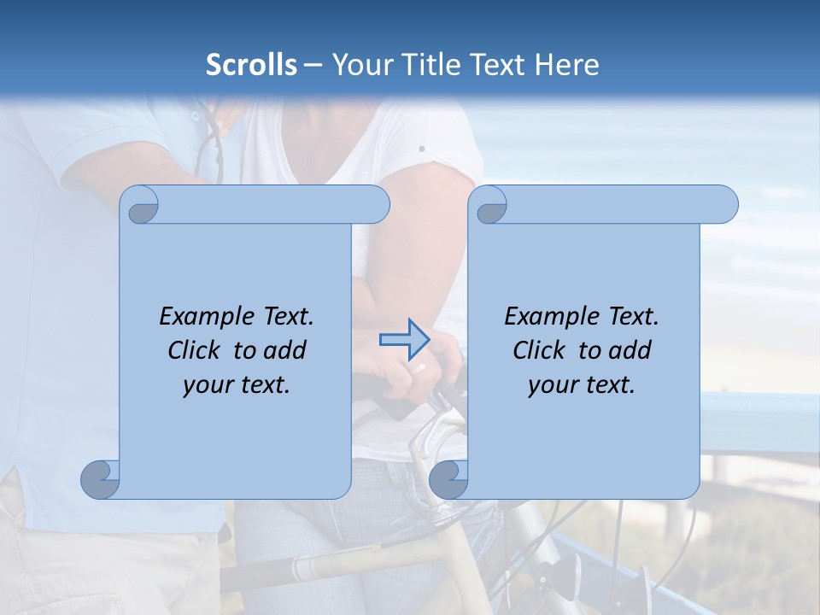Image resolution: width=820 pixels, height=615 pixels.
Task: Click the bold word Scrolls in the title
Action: [251, 65]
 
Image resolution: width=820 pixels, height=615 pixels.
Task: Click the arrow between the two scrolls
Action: [404, 341]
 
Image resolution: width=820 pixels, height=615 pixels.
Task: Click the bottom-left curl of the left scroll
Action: [101, 479]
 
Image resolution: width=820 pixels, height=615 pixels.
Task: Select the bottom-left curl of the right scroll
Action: [448, 479]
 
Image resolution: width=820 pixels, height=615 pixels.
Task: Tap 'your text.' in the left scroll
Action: [237, 385]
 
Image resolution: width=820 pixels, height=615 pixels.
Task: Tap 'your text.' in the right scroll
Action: [582, 385]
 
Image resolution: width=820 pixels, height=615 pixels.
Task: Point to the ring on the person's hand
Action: [419, 368]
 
